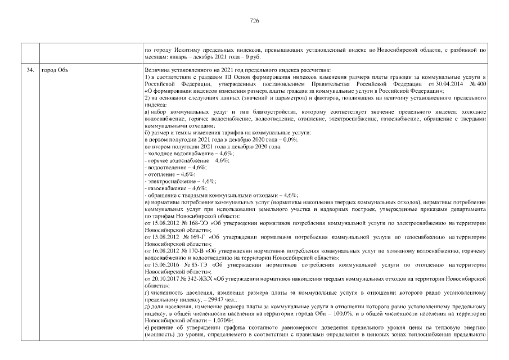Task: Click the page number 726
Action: [254, 20]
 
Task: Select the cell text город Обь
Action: [55, 70]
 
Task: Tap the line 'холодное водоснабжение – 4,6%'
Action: [190, 154]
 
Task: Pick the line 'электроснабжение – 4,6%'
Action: [180, 181]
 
